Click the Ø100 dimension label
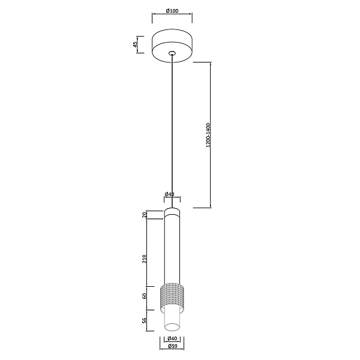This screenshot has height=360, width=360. (x=172, y=11)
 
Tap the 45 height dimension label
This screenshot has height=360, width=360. (x=136, y=44)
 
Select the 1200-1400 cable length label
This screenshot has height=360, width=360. (x=208, y=135)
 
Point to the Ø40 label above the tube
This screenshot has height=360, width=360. (x=170, y=194)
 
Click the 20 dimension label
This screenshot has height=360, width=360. (x=145, y=215)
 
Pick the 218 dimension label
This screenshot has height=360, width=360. (x=145, y=259)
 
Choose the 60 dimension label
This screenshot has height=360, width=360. (x=145, y=296)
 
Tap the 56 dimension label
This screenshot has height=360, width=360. (x=145, y=320)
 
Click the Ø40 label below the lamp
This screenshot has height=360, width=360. (x=172, y=338)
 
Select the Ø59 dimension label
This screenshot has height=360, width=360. (x=172, y=346)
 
